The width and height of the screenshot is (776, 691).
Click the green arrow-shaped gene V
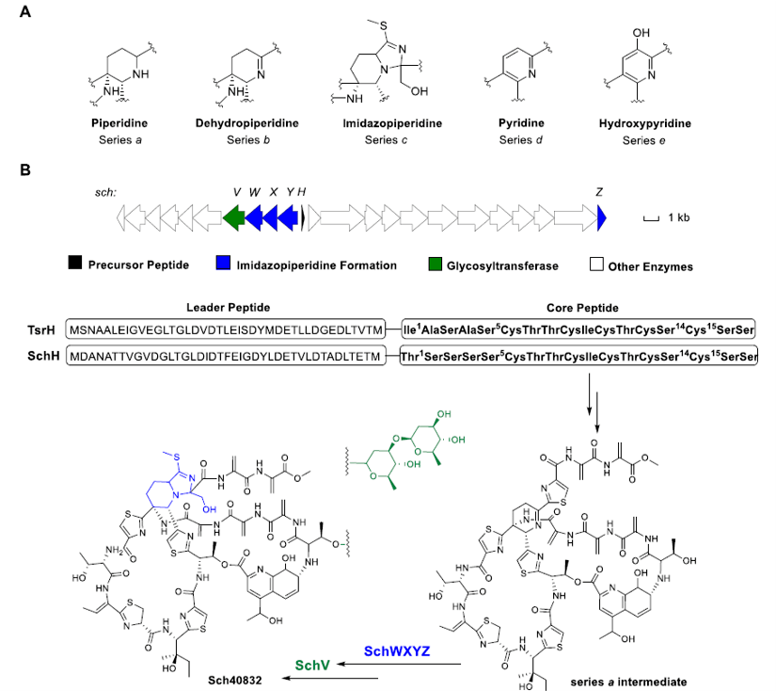click(x=234, y=218)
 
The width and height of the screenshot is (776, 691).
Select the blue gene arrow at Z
click(x=602, y=218)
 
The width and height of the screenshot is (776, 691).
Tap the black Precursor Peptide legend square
click(x=74, y=265)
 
